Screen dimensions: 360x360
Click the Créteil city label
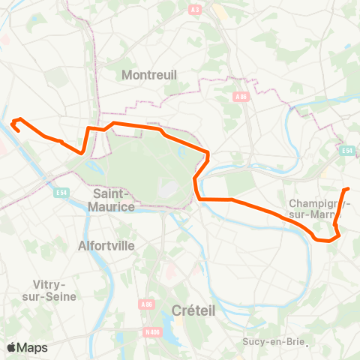click(x=193, y=310)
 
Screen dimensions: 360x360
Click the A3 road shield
click(x=196, y=9)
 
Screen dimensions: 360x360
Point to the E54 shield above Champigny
click(x=346, y=151)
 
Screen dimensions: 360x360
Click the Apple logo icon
click(x=11, y=347)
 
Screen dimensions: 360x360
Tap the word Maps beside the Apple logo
click(x=32, y=347)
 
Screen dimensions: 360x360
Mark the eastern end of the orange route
click(x=349, y=188)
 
